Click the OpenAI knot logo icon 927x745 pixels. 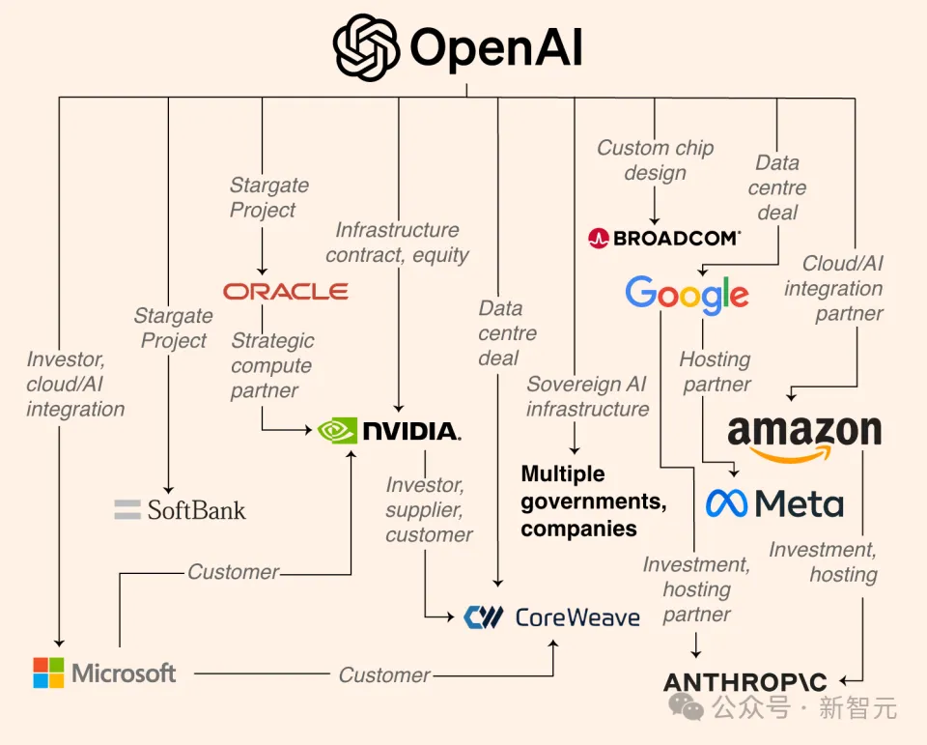366,47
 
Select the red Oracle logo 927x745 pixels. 286,291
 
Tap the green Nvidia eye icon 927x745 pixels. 338,430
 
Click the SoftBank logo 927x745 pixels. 181,509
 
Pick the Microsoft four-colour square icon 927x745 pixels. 49,673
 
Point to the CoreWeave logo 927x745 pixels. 551,616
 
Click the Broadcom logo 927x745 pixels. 664,238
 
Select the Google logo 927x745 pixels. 687,294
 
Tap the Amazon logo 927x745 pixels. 804,437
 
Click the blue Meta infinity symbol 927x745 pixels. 727,502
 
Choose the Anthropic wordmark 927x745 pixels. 746,683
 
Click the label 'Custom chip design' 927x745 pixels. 655,160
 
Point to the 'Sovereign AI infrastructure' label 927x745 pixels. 587,396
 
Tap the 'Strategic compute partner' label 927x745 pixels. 272,365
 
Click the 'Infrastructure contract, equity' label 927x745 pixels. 397,243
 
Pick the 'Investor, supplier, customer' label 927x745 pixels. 429,509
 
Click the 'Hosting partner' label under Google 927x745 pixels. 715,371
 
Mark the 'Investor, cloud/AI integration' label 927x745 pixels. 75,384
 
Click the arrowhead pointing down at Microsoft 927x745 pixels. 60,641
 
